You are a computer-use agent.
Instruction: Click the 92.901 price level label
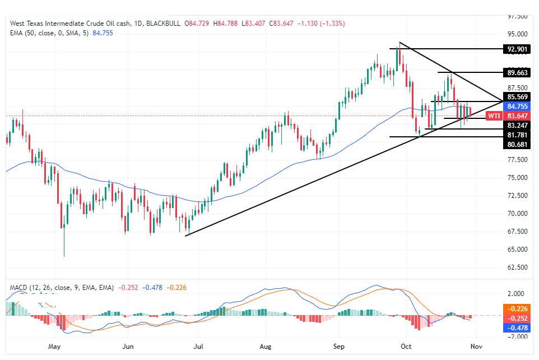point(518,49)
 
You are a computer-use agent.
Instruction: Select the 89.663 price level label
point(518,73)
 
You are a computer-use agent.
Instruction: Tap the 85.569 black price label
point(518,96)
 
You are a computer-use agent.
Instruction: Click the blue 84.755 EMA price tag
point(518,106)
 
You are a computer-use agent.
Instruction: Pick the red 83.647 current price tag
point(518,116)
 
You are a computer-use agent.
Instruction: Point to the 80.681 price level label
point(518,144)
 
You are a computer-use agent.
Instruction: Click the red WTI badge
point(494,116)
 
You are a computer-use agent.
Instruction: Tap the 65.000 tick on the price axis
point(518,250)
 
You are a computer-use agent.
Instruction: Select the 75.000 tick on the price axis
point(518,178)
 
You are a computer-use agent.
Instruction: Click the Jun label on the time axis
point(128,347)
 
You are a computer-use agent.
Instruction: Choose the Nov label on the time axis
point(476,347)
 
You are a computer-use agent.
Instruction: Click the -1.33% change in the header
point(333,24)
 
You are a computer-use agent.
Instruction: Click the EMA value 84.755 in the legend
point(101,33)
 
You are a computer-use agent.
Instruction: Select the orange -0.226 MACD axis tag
point(518,308)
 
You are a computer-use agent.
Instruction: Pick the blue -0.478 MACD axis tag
point(518,327)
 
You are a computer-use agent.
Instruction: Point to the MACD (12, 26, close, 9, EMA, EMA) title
point(62,288)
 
